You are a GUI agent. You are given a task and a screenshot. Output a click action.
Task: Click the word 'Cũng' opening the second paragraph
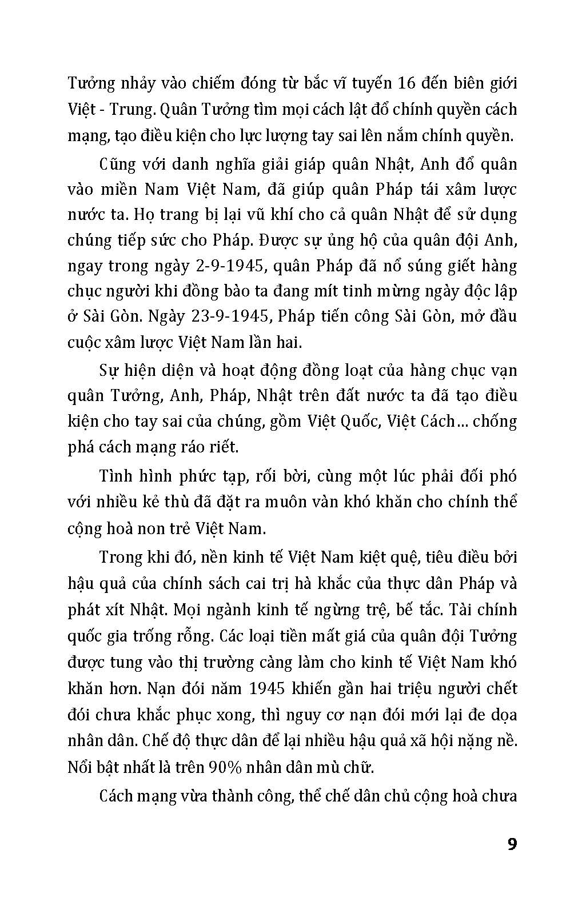click(x=117, y=165)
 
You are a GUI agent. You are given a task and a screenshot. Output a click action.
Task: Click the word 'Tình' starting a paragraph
click(x=115, y=476)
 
